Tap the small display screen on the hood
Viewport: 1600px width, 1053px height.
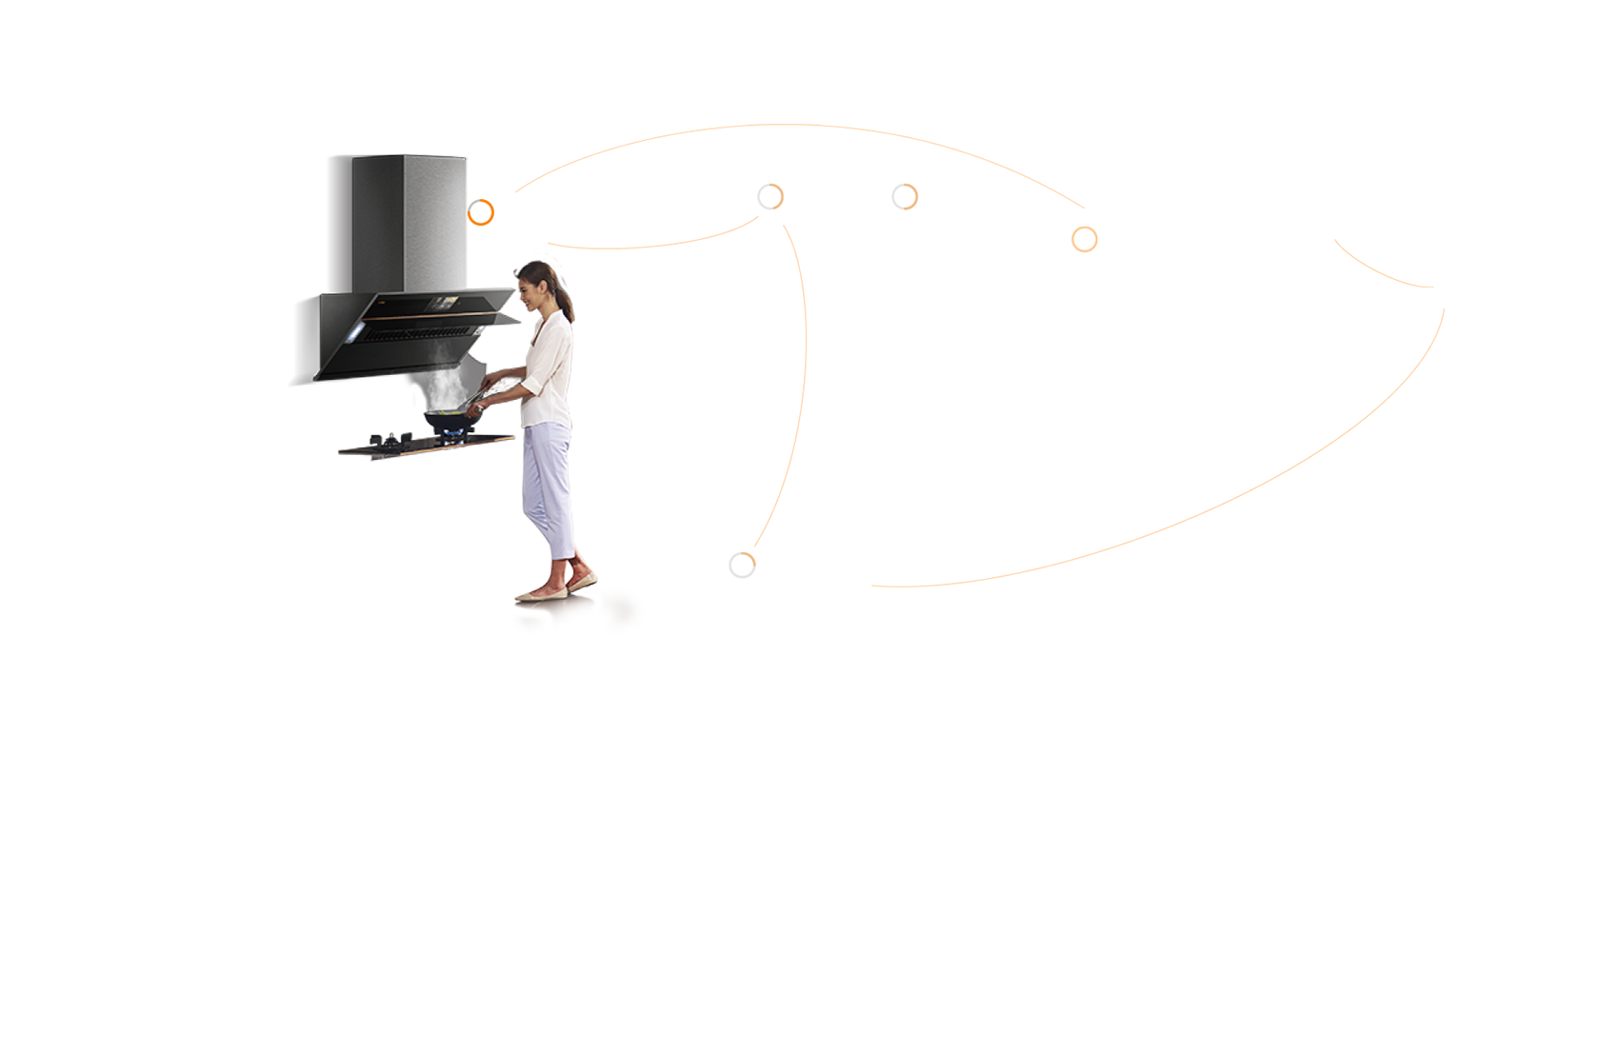tap(443, 304)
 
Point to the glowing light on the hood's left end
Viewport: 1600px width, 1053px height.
tap(356, 332)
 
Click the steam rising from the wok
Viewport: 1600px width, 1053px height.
tap(446, 386)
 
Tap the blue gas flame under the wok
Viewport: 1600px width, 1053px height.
tap(450, 434)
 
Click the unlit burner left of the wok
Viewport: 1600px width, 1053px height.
tap(389, 441)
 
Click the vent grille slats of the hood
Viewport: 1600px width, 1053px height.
tap(419, 334)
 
